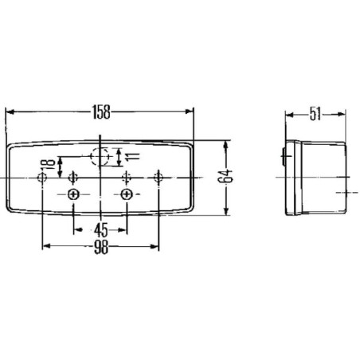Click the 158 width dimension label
(101, 112)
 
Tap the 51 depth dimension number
(315, 115)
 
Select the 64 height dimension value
(225, 176)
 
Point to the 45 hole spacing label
(101, 230)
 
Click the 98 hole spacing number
(101, 248)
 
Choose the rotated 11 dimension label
(132, 157)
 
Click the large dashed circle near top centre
(100, 157)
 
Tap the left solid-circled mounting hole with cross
(73, 194)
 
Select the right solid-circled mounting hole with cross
(127, 194)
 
